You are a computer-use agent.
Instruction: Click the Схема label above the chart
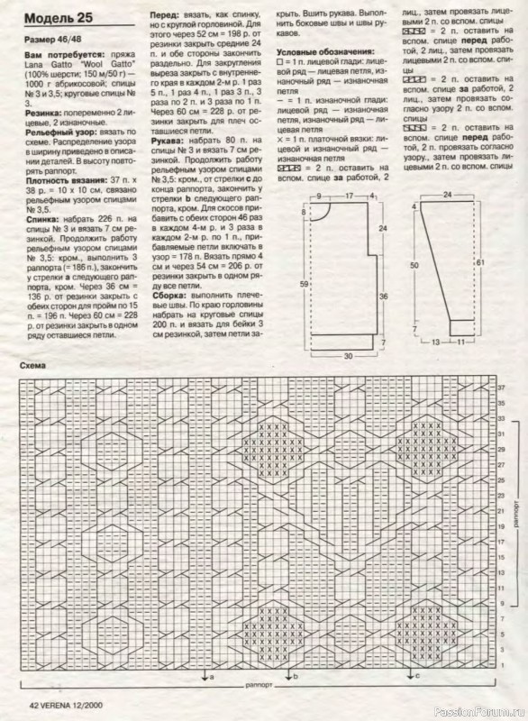[33, 367]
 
